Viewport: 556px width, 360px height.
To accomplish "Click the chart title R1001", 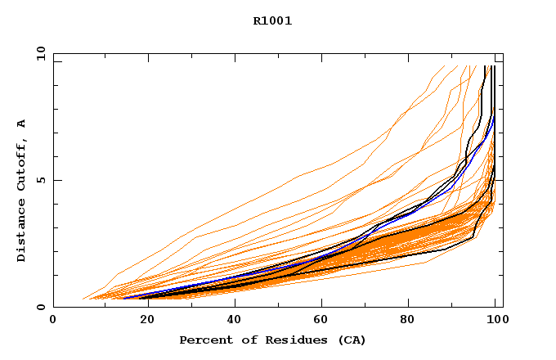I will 272,21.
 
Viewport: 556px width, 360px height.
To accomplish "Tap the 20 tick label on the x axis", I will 142,322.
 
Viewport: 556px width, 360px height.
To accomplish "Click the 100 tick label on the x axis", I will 496,322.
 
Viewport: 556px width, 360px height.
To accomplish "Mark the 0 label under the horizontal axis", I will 54,322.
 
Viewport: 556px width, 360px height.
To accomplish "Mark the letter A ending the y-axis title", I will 21,123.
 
